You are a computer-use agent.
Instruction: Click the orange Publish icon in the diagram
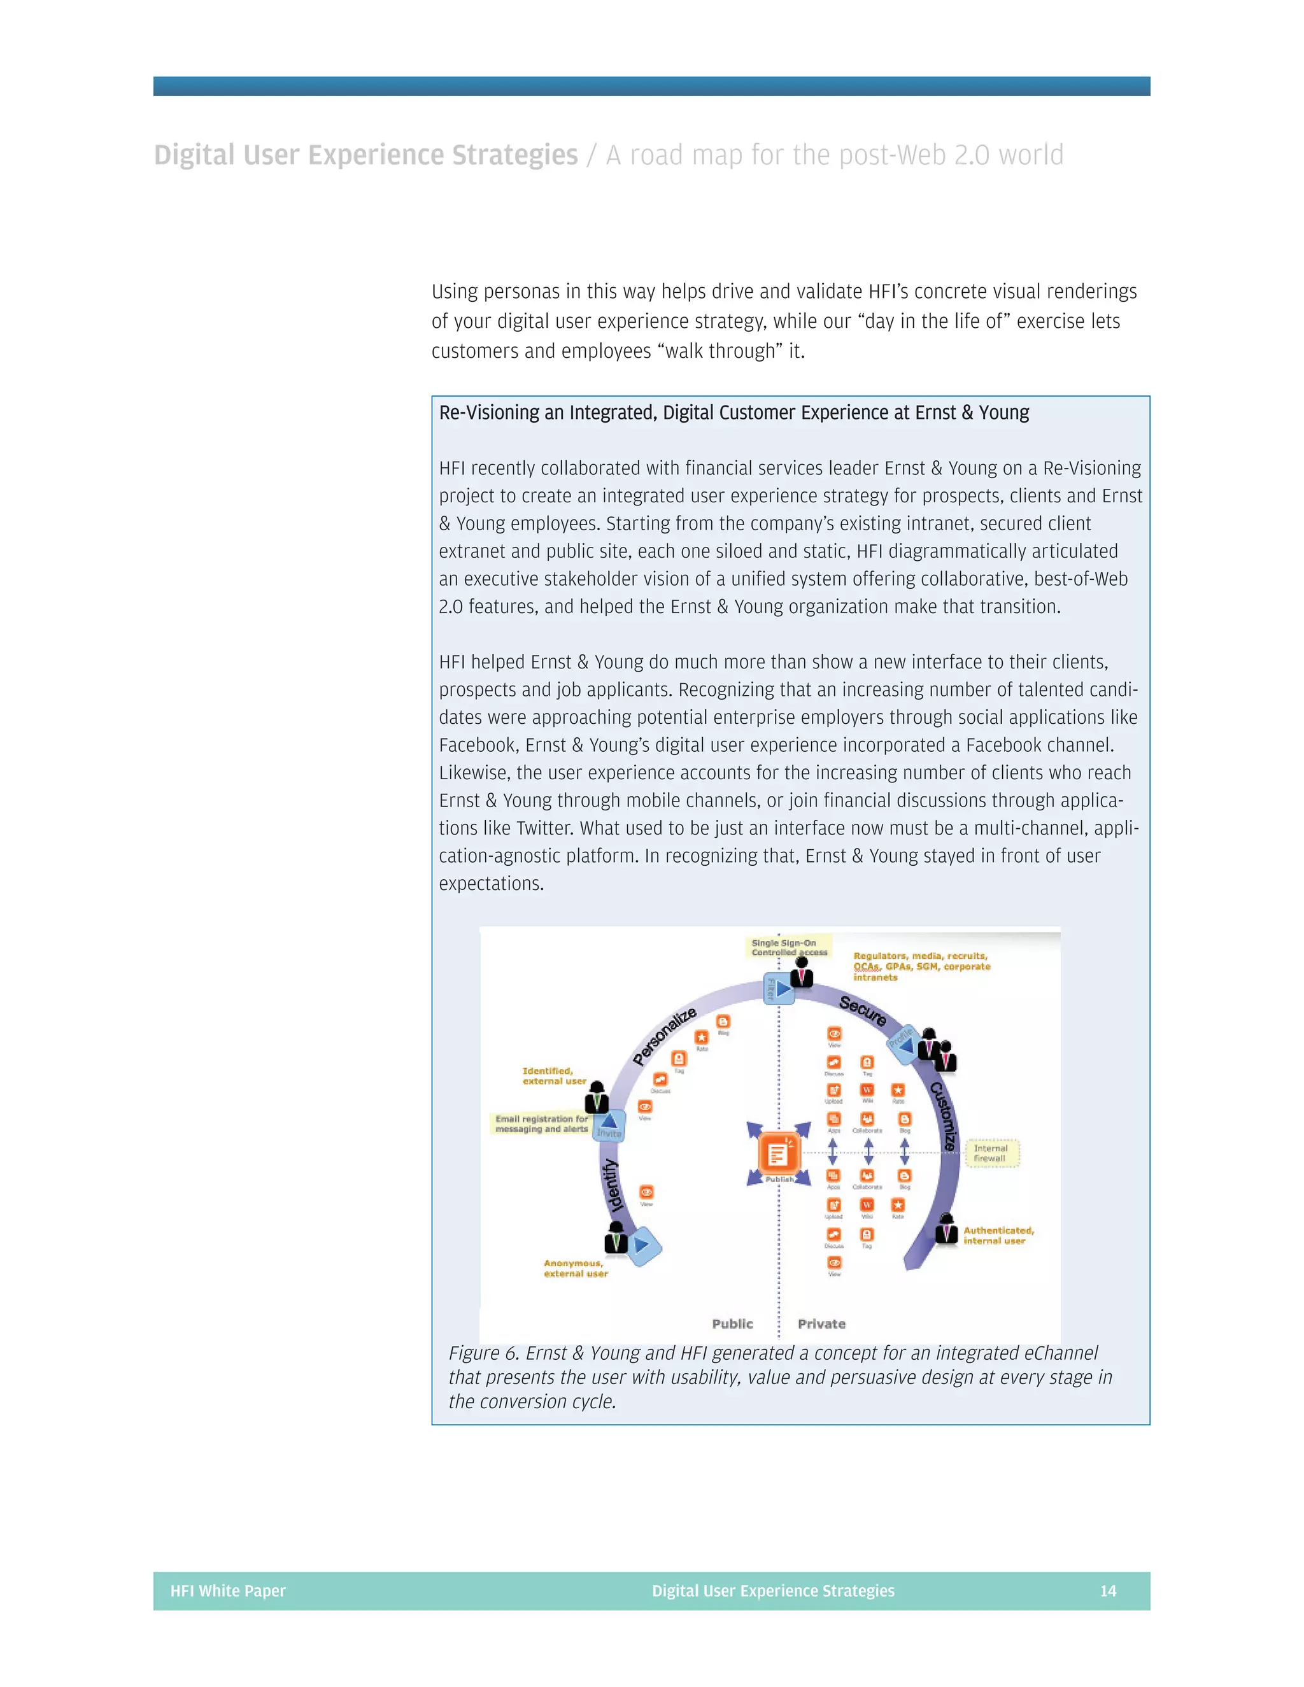[778, 1154]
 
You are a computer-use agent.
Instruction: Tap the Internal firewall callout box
[992, 1154]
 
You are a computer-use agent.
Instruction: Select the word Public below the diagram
[732, 1324]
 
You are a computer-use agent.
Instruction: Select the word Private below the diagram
[821, 1324]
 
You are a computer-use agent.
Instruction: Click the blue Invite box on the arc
[609, 1126]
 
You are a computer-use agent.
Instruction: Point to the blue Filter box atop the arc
[778, 989]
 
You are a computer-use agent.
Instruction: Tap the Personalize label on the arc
[664, 1036]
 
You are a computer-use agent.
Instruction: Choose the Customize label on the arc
[943, 1115]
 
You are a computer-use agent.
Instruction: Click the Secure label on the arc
[863, 1010]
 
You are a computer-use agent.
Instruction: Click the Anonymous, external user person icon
[616, 1238]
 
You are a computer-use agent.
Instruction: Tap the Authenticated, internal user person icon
[946, 1228]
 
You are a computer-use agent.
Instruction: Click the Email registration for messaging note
[542, 1124]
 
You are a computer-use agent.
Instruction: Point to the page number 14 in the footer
[1108, 1590]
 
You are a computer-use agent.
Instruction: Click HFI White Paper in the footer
[228, 1590]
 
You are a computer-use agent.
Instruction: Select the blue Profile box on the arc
[902, 1040]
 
